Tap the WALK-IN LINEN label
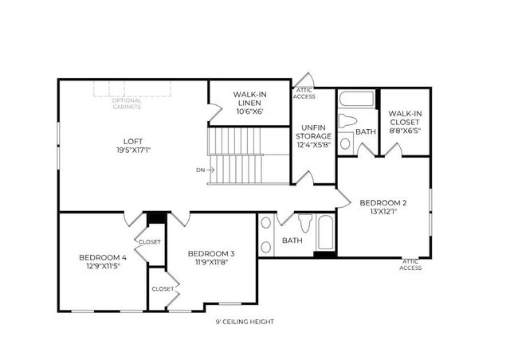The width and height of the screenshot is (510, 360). pos(249,99)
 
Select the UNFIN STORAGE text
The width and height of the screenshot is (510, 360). pos(314,135)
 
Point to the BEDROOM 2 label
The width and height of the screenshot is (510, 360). pos(382,202)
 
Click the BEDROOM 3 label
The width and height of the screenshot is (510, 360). pos(211,253)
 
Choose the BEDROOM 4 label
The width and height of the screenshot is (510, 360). pos(102,257)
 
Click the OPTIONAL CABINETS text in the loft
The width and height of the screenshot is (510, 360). pos(126,104)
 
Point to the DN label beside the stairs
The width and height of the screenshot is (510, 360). pos(199,170)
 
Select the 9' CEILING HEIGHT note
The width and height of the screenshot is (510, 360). pos(245,322)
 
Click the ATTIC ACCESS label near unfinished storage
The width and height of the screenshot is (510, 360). pos(304,94)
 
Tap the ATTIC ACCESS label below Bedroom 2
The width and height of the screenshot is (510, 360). pos(411,264)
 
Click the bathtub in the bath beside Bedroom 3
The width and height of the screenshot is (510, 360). pos(325,233)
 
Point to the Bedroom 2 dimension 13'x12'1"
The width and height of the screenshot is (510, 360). pos(382,212)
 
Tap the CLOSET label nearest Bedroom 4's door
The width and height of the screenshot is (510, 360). pos(149,241)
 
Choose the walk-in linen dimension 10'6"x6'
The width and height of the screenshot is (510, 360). pos(249,112)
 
